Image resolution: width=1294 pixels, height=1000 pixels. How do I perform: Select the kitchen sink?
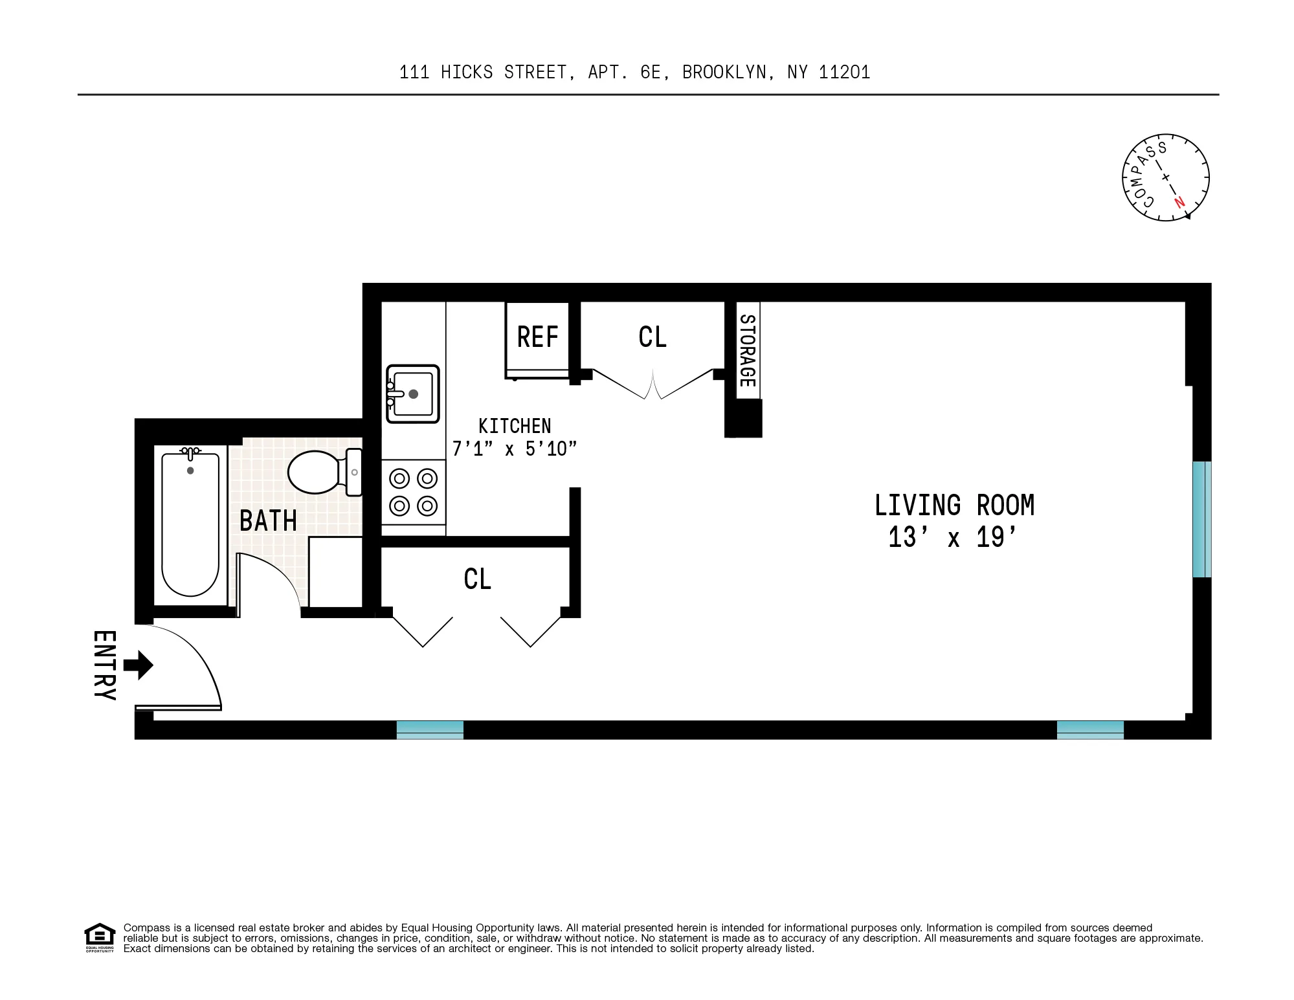413,394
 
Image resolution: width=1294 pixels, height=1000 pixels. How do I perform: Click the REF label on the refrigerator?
537,337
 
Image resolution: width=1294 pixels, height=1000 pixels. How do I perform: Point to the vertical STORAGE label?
747,350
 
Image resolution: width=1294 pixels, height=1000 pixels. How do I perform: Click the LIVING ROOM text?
954,506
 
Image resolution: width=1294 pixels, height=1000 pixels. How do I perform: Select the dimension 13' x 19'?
954,538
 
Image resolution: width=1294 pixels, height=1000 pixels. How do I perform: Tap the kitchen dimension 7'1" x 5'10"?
514,449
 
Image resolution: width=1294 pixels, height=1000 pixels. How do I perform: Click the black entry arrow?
138,665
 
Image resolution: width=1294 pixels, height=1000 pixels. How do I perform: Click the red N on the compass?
1179,203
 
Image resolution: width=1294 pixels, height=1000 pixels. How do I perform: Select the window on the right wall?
1201,518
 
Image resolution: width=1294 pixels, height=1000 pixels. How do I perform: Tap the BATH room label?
268,521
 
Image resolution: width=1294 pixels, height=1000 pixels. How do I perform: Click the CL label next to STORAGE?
652,337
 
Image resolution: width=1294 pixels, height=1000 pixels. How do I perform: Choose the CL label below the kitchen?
478,579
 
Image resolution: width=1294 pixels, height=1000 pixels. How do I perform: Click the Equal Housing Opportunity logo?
100,937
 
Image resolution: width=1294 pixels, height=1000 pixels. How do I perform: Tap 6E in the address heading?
650,72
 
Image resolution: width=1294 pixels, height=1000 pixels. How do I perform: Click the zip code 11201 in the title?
844,72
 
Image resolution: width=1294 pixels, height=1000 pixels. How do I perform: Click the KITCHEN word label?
515,426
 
